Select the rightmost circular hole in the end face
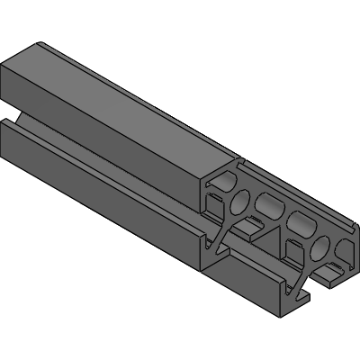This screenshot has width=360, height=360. pos(321,246)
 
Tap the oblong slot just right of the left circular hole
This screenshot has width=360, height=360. pos(268,206)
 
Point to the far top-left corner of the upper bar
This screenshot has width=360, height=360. pos(41,42)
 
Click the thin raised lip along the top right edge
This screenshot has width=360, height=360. pos(297,189)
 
